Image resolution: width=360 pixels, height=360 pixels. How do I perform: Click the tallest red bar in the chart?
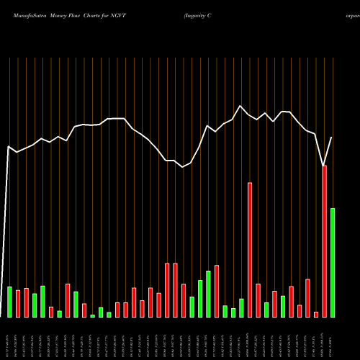coord(324,241)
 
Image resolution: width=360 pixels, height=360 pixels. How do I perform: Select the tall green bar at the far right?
coord(333,263)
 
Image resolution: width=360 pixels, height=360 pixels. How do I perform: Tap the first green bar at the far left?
coord(10,302)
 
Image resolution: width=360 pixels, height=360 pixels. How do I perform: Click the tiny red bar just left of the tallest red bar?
coord(316,314)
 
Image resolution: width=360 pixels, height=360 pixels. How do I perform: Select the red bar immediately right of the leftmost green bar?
coord(18,303)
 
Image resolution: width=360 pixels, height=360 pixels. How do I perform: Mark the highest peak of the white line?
coord(240,106)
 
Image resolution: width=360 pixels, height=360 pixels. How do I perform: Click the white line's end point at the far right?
coord(333,137)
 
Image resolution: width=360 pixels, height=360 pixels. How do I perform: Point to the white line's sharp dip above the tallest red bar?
coord(324,166)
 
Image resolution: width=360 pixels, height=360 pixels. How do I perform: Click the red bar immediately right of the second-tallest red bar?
coord(258,300)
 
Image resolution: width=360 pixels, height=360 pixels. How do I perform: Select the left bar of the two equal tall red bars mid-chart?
coord(166,290)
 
